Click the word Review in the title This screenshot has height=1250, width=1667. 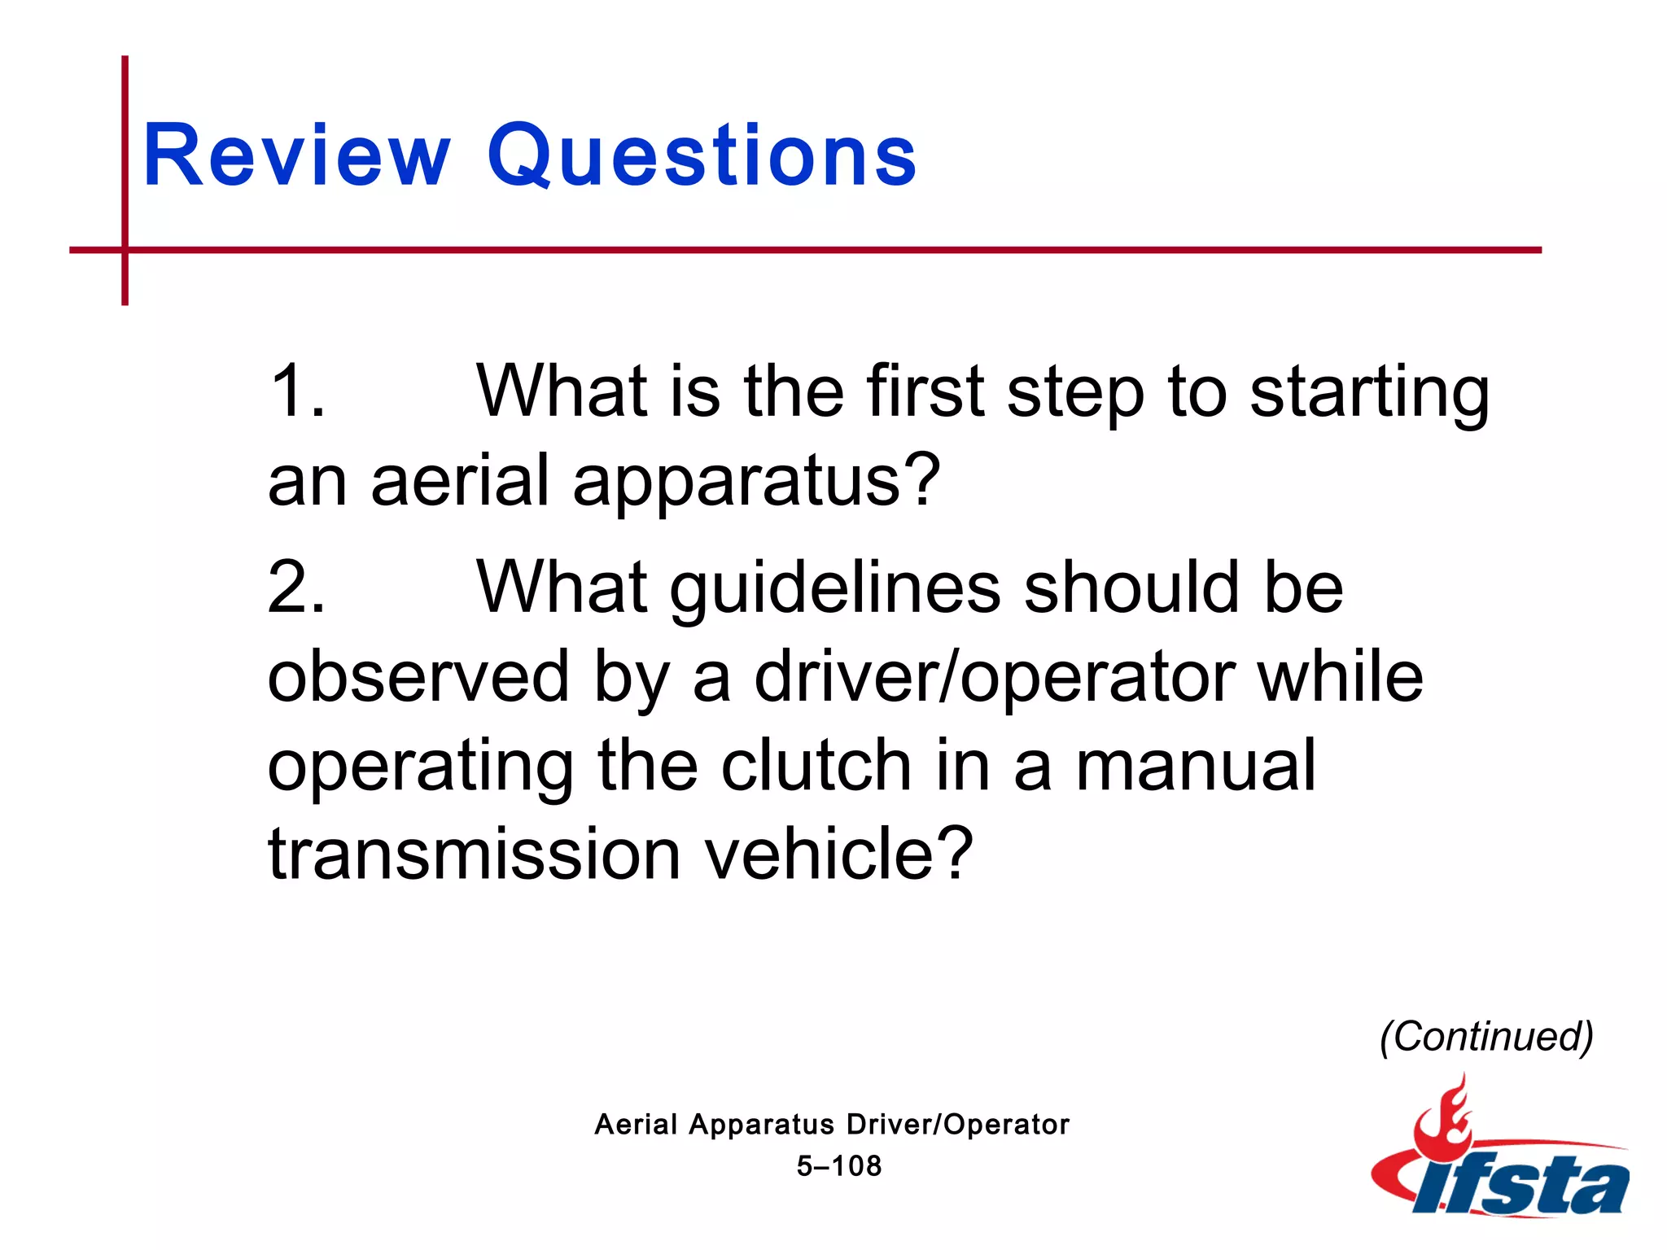click(x=296, y=155)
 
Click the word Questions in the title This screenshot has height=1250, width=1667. click(x=702, y=155)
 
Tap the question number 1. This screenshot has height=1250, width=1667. click(x=296, y=391)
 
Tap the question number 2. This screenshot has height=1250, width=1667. click(x=296, y=588)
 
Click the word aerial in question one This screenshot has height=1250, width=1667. click(x=461, y=480)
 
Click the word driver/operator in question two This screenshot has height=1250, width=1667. click(x=995, y=678)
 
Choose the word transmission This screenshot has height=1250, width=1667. click(x=474, y=854)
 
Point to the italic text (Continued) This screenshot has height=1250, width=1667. click(x=1486, y=1037)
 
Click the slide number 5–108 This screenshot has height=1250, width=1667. click(x=838, y=1166)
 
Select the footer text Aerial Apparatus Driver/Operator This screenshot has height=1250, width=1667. click(x=832, y=1125)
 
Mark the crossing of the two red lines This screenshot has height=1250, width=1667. click(x=125, y=250)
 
